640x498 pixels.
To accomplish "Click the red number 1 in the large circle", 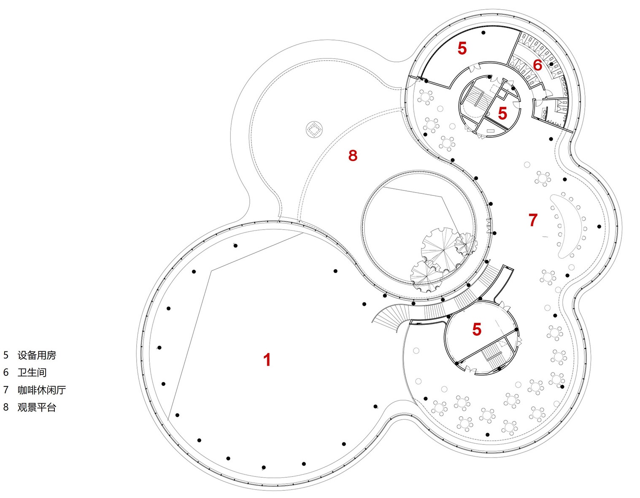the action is tap(267, 359).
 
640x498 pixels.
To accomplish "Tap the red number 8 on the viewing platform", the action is tap(353, 155).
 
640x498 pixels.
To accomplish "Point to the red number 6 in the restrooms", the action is tap(537, 65).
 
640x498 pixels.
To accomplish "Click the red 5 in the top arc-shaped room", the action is tap(462, 48).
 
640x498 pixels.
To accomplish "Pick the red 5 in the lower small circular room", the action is tap(477, 329).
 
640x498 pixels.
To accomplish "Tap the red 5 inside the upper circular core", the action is tap(502, 113).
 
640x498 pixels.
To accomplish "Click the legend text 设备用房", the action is tap(37, 355).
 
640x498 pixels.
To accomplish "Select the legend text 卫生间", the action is tap(32, 372).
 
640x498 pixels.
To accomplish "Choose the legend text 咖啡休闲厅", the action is tap(41, 390).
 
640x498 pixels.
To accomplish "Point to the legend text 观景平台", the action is tap(37, 407).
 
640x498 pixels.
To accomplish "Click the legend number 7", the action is tap(6, 390).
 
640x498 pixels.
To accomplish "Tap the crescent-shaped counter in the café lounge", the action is tap(559, 226).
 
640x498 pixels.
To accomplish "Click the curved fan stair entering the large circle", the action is tap(389, 316).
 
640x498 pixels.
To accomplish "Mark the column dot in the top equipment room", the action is tap(483, 33).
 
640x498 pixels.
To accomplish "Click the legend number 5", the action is tap(6, 355).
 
